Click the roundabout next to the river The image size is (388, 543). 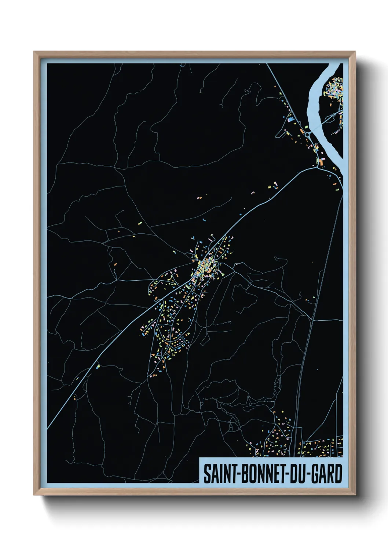coord(307,135)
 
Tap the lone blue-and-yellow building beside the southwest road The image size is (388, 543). coord(98,366)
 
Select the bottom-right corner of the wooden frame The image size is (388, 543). coord(355,495)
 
